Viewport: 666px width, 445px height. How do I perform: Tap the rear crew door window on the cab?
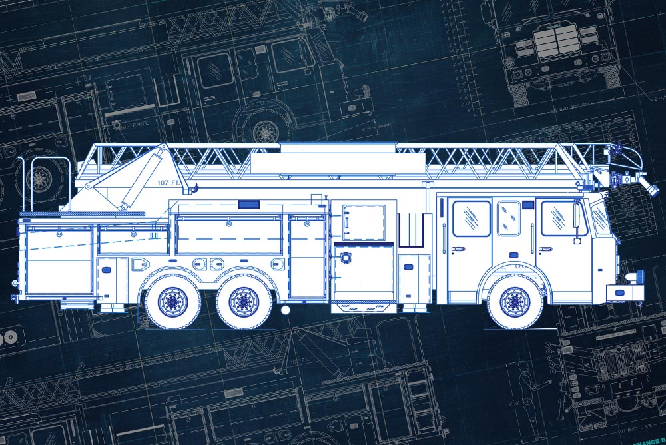tap(471, 218)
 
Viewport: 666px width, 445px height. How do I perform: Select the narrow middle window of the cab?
tap(509, 218)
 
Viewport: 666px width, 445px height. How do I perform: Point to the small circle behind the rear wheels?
tap(285, 310)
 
